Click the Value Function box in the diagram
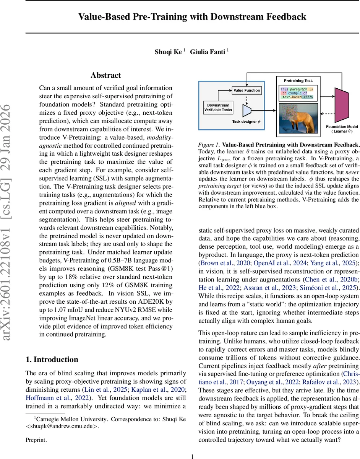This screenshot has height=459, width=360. (x=246, y=91)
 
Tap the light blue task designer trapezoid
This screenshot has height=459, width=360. (x=247, y=110)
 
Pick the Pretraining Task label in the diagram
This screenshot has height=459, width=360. (x=298, y=81)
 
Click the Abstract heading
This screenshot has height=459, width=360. (x=105, y=75)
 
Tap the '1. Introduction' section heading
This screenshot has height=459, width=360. (x=52, y=360)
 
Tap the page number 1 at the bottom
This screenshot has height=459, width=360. (x=193, y=456)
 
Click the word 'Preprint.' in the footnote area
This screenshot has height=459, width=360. (x=36, y=440)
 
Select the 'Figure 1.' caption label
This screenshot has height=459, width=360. (x=209, y=145)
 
